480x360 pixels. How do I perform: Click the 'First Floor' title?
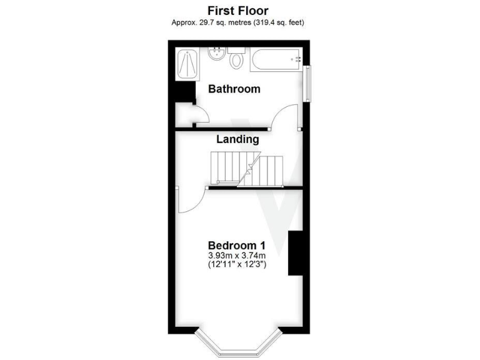tap(237, 11)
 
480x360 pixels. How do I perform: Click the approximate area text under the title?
tap(238, 22)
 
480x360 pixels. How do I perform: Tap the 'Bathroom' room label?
tap(234, 89)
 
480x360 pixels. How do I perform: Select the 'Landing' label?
tap(237, 139)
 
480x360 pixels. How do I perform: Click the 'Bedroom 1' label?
tap(237, 244)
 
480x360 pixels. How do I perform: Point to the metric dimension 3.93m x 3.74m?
tap(237, 256)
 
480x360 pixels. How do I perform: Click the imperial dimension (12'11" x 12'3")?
tap(237, 266)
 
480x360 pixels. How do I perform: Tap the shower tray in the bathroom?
tap(187, 62)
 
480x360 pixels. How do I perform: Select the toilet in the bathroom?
tap(236, 60)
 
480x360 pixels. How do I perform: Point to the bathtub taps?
tap(297, 60)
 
